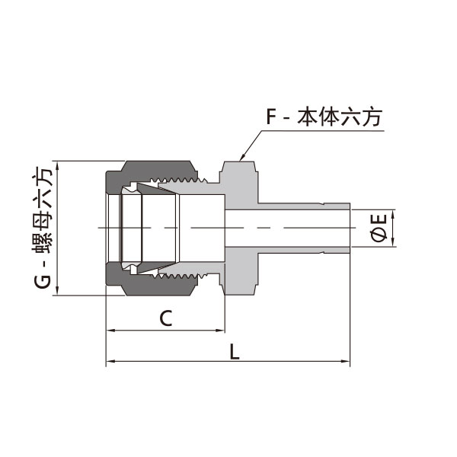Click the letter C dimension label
(x=166, y=318)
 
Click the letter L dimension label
(x=234, y=351)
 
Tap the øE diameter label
(x=379, y=228)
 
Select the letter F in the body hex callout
(x=271, y=117)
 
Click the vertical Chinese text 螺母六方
(x=43, y=210)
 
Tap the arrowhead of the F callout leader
(x=242, y=158)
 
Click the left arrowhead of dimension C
(x=110, y=331)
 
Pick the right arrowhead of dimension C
(x=220, y=331)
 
